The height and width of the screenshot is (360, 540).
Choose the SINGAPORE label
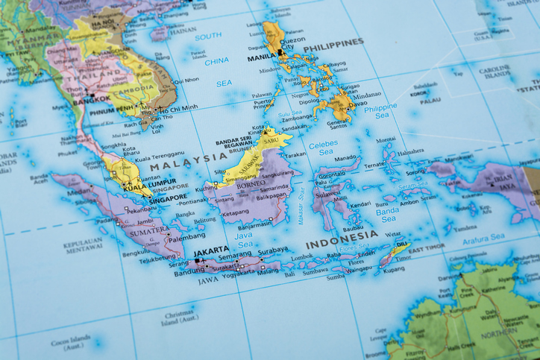(x=169, y=198)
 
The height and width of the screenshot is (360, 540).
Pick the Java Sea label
(x=244, y=239)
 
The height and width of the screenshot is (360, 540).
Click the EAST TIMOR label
(x=425, y=247)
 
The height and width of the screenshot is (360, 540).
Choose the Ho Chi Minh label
(x=178, y=107)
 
